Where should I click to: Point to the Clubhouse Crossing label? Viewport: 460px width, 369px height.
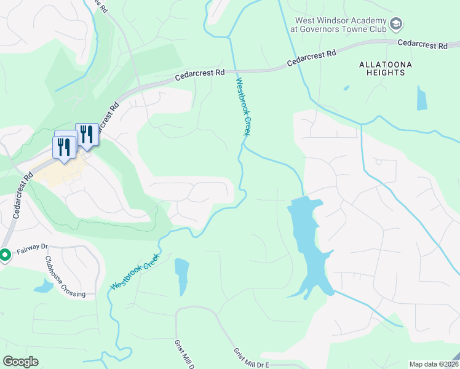[x=65, y=276]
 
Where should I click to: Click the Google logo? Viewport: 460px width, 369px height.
[x=20, y=362]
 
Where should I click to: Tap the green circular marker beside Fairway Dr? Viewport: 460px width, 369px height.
[x=4, y=254]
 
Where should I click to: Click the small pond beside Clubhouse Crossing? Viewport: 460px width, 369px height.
[x=44, y=286]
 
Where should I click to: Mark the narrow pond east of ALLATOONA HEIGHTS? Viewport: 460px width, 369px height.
[x=421, y=98]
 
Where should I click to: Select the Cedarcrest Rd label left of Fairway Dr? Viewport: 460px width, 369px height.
[x=22, y=195]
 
